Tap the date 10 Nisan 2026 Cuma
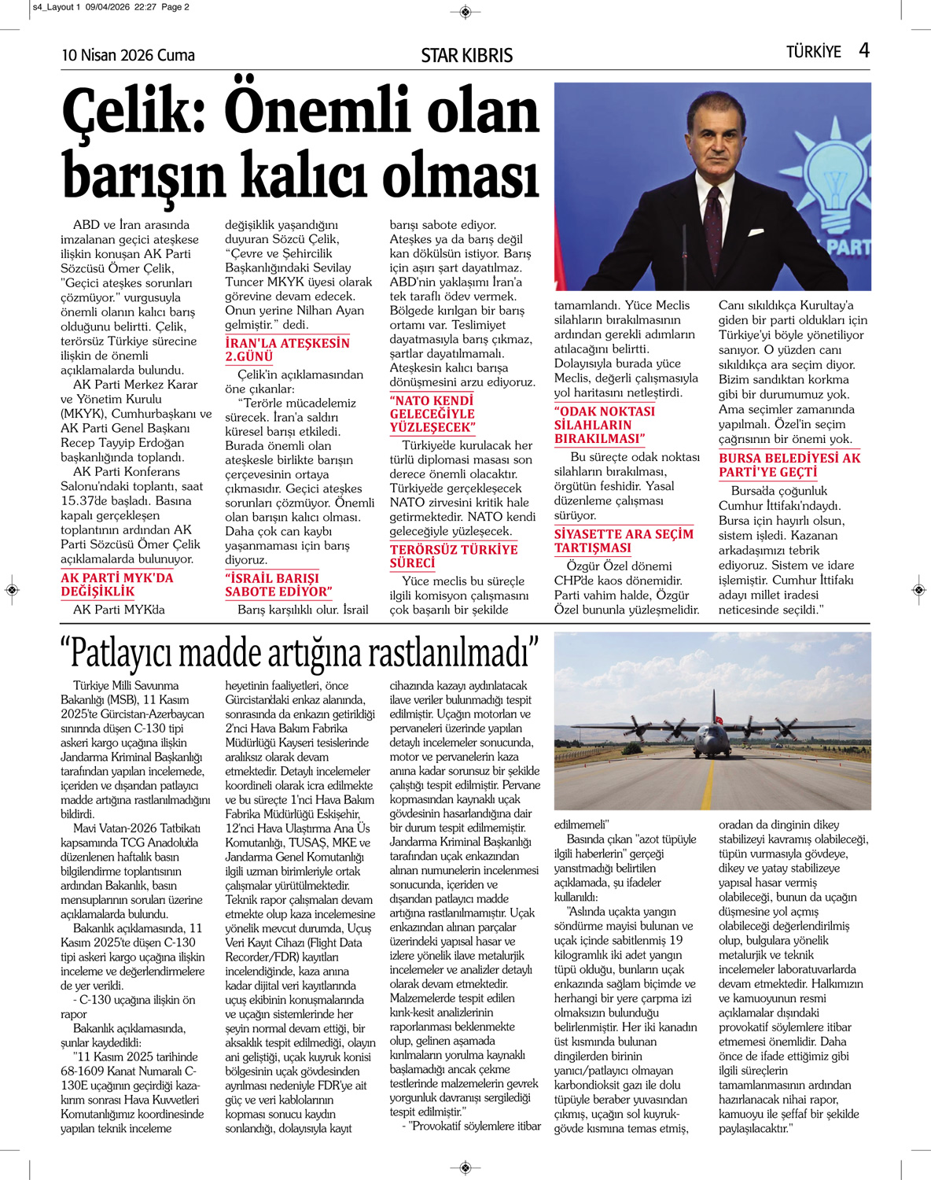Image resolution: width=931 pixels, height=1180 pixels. coord(128,55)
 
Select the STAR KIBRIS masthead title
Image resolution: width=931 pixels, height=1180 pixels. coord(466,55)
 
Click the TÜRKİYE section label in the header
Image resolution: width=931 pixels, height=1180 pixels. coord(813,52)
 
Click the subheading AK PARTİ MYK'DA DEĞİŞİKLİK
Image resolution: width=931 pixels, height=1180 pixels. coord(116,584)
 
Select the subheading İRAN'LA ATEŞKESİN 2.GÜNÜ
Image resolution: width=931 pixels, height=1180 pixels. coord(287,349)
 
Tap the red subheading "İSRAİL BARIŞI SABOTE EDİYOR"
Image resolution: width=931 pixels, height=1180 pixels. coord(278,584)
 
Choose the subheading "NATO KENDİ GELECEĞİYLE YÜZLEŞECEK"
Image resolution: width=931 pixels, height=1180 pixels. coord(432,414)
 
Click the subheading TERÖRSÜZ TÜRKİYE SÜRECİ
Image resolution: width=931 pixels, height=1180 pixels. coord(454,555)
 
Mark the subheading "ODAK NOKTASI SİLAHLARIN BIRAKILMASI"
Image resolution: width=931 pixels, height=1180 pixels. coord(604,425)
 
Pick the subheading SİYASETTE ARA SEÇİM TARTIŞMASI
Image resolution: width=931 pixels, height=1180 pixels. coord(624,540)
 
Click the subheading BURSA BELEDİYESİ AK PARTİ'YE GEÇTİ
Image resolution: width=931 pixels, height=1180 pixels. coord(789,464)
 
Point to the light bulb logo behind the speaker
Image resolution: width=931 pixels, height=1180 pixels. coord(833,189)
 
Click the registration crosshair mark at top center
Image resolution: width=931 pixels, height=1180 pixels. coord(465,11)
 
